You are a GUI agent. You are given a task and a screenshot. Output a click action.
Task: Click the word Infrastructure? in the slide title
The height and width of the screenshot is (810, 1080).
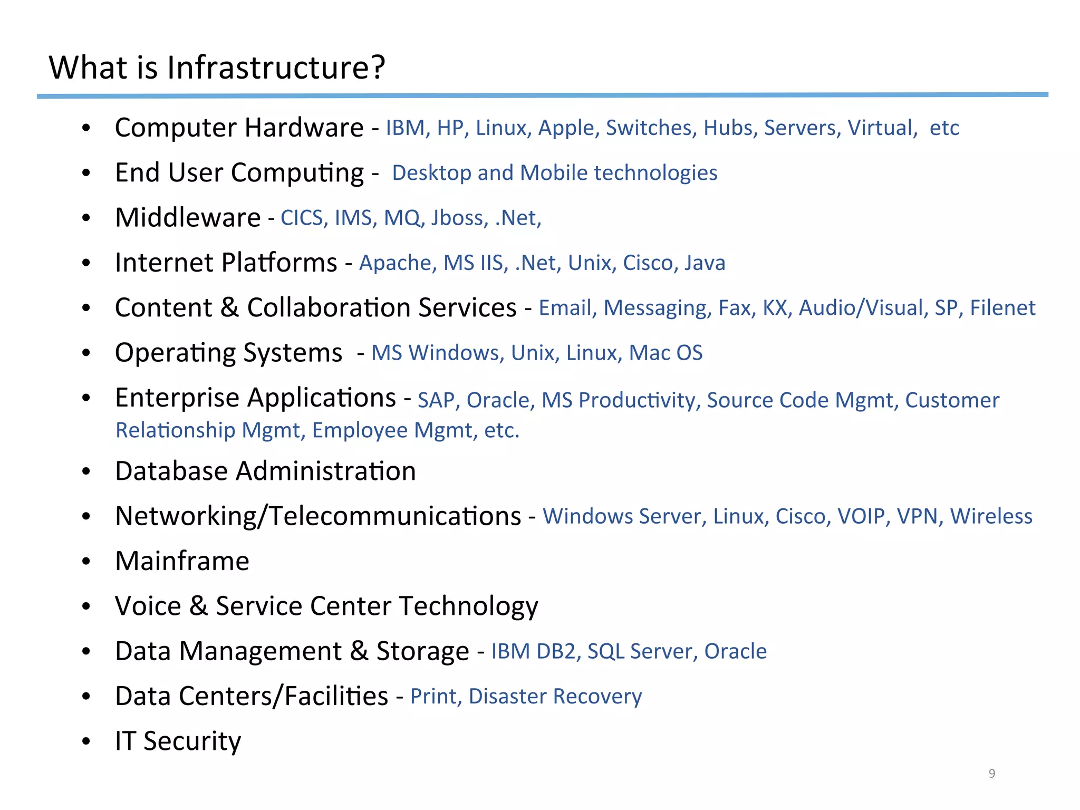[276, 69]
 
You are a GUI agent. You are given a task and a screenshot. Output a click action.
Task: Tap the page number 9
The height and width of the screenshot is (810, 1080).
[992, 773]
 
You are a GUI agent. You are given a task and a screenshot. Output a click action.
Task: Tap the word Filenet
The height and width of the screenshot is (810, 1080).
[1002, 308]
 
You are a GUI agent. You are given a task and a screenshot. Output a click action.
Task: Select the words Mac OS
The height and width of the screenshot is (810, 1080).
[666, 353]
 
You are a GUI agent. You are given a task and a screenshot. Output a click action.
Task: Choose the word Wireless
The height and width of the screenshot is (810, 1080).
[991, 516]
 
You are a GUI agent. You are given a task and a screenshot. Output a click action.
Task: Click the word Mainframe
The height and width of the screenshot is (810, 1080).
[182, 561]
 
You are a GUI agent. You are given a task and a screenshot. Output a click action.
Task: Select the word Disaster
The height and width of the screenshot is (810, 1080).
[507, 697]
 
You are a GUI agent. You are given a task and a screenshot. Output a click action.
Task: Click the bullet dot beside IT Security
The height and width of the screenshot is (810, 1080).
[86, 741]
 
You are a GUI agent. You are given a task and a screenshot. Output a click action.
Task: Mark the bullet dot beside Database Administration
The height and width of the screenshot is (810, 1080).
[86, 471]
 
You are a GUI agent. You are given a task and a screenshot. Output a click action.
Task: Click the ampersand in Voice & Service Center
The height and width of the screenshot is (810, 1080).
[198, 606]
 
